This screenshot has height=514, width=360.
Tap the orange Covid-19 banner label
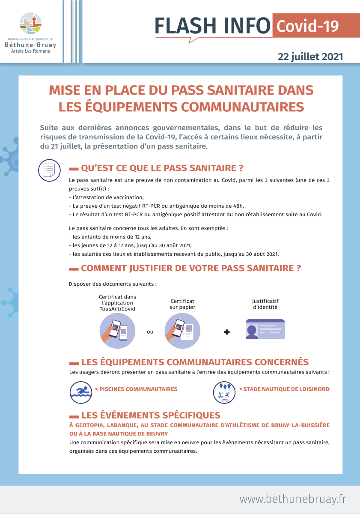coord(308,26)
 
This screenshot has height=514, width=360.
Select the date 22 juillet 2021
coord(310,57)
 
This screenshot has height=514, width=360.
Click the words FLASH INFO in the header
coord(212,26)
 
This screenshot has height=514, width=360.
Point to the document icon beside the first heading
coord(49,170)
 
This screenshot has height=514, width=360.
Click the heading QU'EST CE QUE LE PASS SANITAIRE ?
coord(162,167)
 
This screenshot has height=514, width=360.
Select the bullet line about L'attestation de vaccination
coord(106,197)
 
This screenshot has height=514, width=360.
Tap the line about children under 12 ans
coord(110,236)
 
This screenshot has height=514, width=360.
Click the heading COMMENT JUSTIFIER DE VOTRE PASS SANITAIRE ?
coord(191,269)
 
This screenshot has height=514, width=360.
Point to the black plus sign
coord(227,332)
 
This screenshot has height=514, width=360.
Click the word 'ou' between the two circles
coord(150,332)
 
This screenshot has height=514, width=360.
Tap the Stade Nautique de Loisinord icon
coord(224,391)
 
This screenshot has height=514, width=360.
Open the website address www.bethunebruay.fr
coord(293,499)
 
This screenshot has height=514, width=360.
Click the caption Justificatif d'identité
coord(265,304)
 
